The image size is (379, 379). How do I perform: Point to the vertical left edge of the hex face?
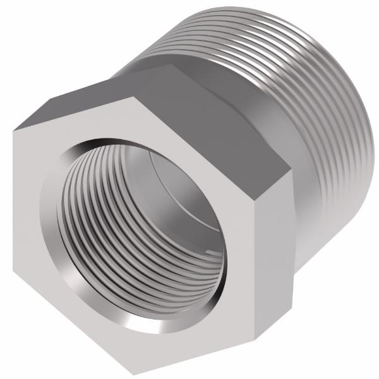pos(13,215)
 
